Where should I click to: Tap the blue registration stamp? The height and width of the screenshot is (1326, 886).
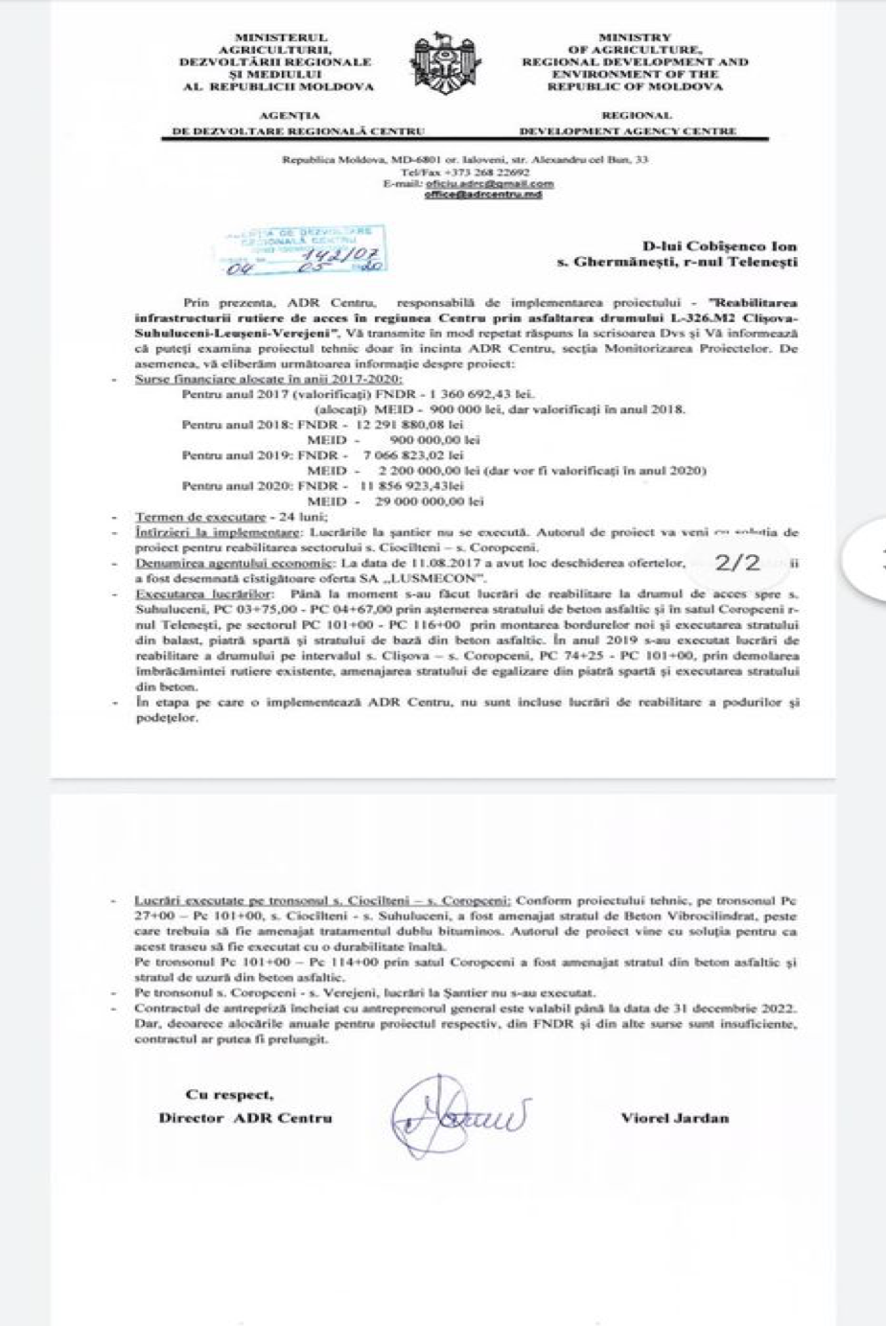[301, 248]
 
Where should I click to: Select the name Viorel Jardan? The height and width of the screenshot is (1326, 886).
[674, 1117]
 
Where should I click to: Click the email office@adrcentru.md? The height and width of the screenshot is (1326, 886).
[483, 195]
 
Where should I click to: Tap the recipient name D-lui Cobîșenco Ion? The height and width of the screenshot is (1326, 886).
[719, 246]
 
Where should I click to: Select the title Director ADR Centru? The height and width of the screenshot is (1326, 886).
[245, 1117]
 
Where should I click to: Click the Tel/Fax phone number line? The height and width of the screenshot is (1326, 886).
[465, 173]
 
